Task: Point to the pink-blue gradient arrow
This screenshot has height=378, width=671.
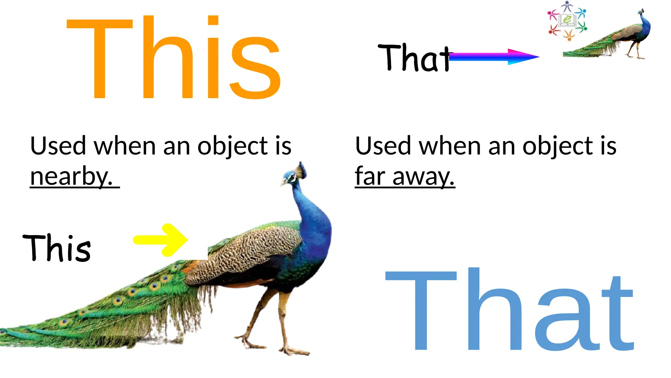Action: coord(493,57)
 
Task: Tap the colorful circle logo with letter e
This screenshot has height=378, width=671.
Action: coord(567,21)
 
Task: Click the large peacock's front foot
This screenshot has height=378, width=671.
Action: coord(293,351)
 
